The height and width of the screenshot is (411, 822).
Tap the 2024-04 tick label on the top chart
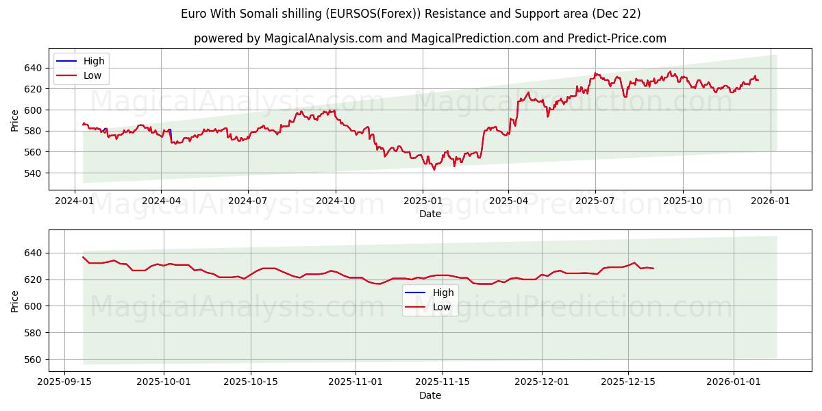click(x=161, y=201)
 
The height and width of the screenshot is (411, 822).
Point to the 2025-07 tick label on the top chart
click(x=595, y=201)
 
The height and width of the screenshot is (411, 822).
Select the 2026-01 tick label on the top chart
click(x=771, y=201)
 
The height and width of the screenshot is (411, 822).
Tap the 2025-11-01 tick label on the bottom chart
click(x=356, y=382)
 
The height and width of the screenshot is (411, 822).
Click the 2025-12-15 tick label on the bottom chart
click(x=628, y=382)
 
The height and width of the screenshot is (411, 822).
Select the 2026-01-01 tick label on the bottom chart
click(x=734, y=382)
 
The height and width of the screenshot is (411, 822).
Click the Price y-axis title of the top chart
click(x=14, y=120)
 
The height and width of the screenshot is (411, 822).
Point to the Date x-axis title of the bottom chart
click(x=430, y=395)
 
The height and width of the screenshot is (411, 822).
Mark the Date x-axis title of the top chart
click(x=430, y=214)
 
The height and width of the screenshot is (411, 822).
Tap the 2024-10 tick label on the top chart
click(x=336, y=201)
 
